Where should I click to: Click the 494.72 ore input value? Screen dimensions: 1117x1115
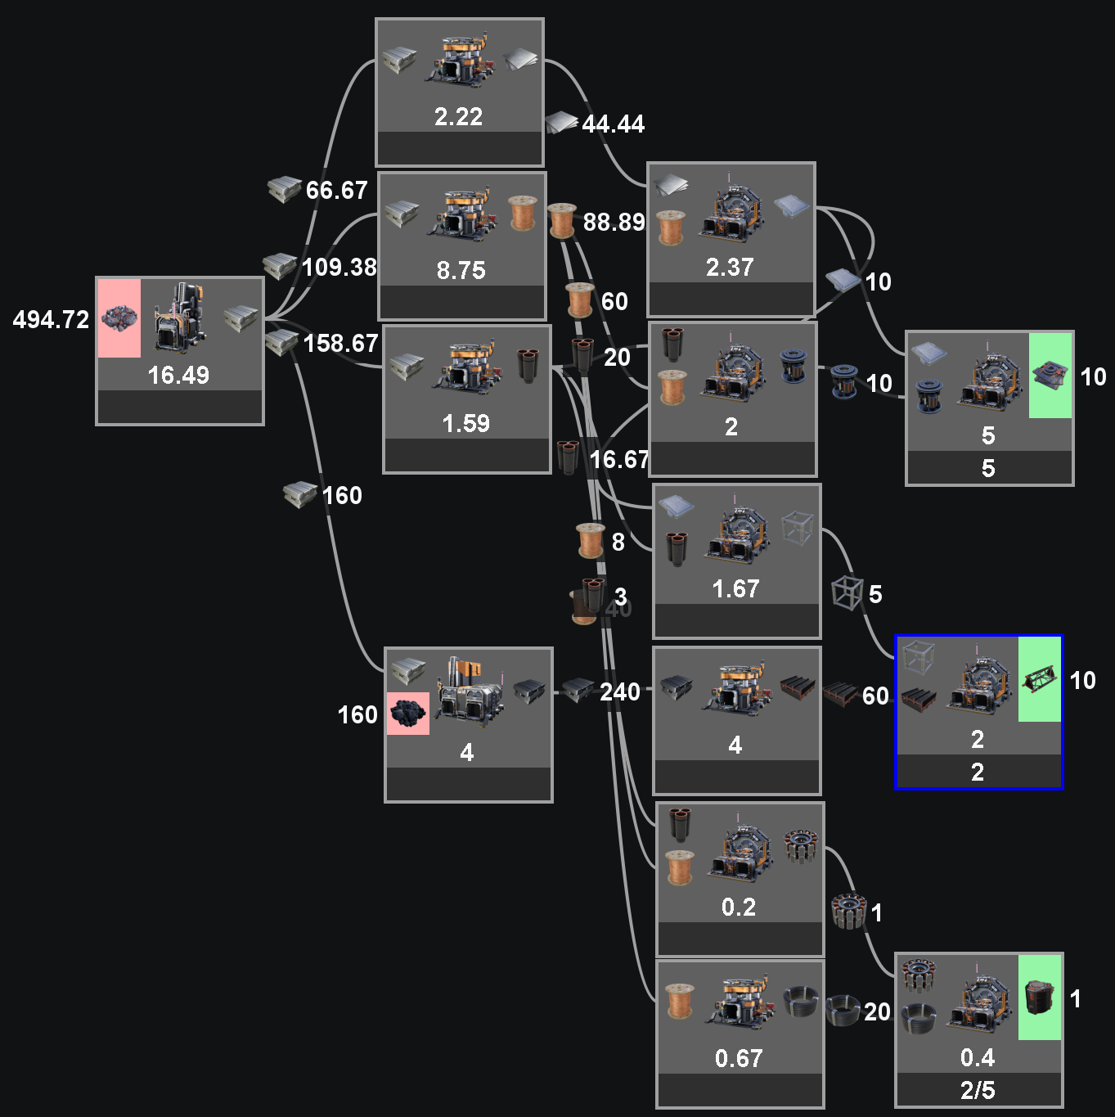[x=51, y=320]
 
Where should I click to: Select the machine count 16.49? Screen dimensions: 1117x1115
[x=178, y=376]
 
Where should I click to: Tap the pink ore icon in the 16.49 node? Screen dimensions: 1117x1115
[x=119, y=318]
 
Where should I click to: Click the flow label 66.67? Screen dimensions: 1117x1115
[x=336, y=191]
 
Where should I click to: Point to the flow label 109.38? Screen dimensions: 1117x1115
[x=339, y=268]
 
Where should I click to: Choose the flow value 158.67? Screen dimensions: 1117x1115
[x=340, y=344]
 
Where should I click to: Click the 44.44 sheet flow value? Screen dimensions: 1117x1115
[x=613, y=124]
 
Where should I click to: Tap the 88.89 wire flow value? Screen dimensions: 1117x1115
[x=614, y=223]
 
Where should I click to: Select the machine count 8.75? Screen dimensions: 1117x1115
[x=461, y=270]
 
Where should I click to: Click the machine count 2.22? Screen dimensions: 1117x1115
[x=458, y=117]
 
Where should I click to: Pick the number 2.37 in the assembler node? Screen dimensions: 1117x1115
[x=729, y=268]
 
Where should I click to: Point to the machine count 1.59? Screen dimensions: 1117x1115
[x=465, y=424]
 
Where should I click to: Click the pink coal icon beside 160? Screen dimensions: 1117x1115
[x=407, y=714]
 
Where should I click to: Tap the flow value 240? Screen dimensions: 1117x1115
[x=619, y=693]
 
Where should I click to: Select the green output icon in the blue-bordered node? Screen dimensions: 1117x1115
[x=1039, y=679]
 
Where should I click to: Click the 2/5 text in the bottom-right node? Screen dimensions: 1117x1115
[x=978, y=1091]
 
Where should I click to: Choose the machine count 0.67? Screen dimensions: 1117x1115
[x=738, y=1059]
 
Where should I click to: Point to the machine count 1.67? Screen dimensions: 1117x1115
[x=735, y=589]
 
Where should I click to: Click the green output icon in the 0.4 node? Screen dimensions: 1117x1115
[x=1039, y=998]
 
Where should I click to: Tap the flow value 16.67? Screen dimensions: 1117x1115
[x=618, y=460]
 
